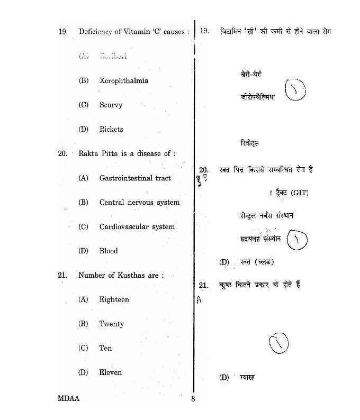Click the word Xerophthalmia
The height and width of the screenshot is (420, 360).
[123, 81]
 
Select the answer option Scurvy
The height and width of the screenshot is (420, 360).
[111, 105]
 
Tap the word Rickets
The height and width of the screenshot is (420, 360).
[111, 130]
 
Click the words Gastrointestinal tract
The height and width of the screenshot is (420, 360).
[135, 178]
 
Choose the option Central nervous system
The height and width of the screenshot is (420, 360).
[139, 203]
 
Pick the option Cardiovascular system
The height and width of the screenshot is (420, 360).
[137, 227]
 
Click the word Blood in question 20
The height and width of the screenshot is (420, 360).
[109, 251]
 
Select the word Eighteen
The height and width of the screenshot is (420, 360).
[114, 300]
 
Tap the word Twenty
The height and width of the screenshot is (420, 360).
[111, 324]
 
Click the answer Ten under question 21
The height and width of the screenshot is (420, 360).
[105, 349]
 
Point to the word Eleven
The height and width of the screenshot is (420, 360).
[110, 373]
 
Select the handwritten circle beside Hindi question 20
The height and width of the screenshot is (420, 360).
[297, 240]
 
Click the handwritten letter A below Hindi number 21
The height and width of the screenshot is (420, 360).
[199, 300]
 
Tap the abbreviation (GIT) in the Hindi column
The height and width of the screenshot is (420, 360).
[299, 193]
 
